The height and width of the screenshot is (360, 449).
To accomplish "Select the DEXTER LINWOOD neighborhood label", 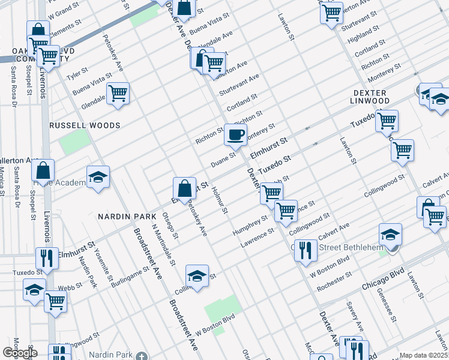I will tap(379, 97).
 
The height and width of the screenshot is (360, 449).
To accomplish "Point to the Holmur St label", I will tap(220, 200).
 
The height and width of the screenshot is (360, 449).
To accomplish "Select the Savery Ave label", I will tap(355, 316).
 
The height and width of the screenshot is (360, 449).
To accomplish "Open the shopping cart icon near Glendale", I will tap(118, 94).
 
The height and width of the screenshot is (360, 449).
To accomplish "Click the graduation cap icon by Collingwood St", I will tap(197, 276).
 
